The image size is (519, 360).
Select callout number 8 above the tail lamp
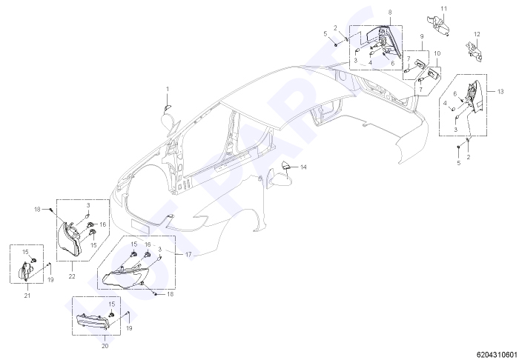tap(390, 13)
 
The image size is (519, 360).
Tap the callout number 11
tap(444, 9)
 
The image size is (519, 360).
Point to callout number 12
tap(477, 34)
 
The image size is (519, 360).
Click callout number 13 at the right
tap(500, 91)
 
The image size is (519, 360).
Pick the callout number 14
tap(303, 167)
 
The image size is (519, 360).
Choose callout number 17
tap(188, 255)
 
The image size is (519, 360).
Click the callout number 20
tap(105, 346)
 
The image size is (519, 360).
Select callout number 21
tap(27, 296)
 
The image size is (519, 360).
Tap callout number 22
tap(72, 276)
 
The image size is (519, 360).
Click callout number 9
tap(422, 36)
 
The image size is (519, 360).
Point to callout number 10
tap(437, 53)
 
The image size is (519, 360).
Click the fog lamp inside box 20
tap(92, 321)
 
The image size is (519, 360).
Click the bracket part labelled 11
tap(439, 24)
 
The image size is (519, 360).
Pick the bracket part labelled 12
tap(474, 52)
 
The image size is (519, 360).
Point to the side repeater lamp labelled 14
tap(285, 165)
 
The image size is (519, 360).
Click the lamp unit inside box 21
tap(24, 271)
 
